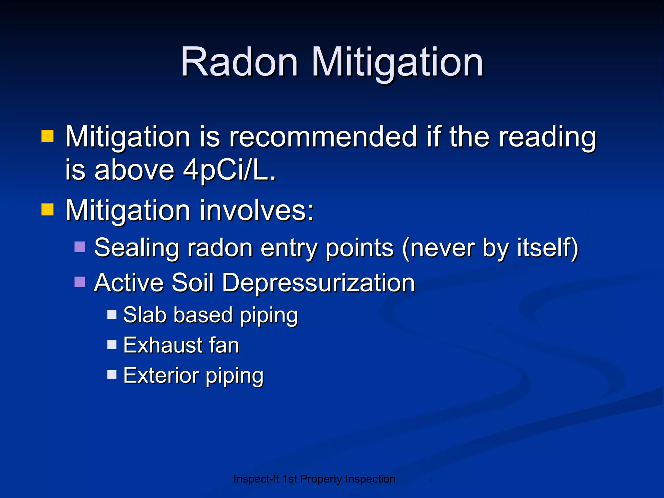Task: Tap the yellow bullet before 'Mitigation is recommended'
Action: [47, 136]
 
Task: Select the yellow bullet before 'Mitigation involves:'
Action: [47, 209]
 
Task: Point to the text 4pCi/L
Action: [230, 171]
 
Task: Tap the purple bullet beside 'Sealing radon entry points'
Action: [80, 247]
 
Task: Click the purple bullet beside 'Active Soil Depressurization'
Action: [80, 282]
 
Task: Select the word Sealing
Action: [136, 248]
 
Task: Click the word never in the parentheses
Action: [443, 248]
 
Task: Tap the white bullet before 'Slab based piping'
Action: [112, 314]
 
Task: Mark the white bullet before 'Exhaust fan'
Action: [112, 344]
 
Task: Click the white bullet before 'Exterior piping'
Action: [112, 375]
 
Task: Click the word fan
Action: [224, 345]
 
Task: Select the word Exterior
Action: [161, 375]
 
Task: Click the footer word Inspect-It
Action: [256, 479]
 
